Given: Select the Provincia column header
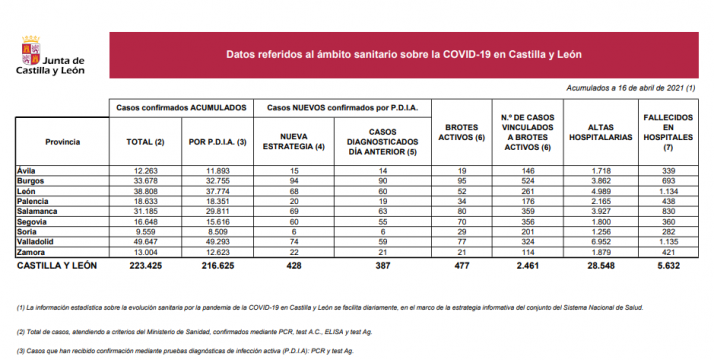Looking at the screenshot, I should point(62,143).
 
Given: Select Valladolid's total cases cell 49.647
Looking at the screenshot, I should point(144,242).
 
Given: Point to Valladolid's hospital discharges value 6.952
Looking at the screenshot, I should point(601,242).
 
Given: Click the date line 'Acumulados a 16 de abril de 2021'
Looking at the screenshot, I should point(631,88).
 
